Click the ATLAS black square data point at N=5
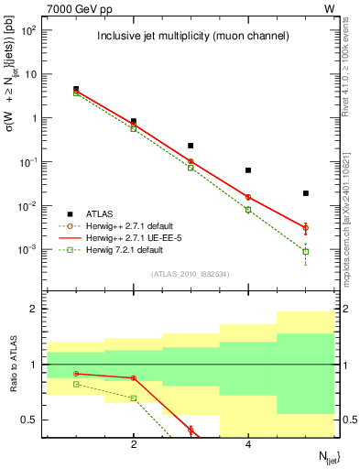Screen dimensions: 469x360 coord(306,193)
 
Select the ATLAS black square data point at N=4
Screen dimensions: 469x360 coord(248,170)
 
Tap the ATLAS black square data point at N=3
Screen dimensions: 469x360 coord(191,146)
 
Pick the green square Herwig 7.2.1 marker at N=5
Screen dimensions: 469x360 coord(306,251)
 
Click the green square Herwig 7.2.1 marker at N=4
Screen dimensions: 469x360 coord(248,210)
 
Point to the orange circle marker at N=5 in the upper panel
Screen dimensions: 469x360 coord(306,227)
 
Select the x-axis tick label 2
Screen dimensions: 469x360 coord(134,444)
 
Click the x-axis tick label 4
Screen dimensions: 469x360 coord(248,444)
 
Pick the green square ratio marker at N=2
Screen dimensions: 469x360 coord(134,398)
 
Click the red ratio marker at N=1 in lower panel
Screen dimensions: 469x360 coord(76,373)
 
